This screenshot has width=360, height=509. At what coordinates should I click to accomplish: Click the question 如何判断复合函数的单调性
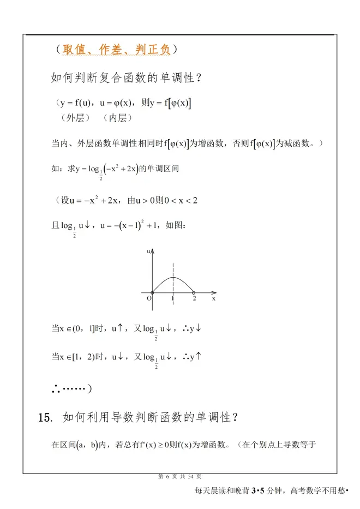pos(127,78)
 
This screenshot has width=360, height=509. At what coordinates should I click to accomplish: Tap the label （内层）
pos(118,117)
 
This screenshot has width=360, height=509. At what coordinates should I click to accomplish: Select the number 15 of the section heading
pos(45,418)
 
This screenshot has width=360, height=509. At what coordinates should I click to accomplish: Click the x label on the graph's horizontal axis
pos(214,298)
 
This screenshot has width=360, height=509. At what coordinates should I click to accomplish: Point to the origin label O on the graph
pos(148,298)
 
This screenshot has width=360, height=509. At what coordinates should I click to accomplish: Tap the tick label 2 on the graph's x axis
pos(194,299)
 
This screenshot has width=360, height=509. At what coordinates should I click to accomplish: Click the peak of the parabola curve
pos(173,278)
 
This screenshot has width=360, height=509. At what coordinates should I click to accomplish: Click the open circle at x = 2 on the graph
pos(194,293)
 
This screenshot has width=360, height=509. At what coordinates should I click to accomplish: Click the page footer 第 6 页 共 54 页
pos(179,476)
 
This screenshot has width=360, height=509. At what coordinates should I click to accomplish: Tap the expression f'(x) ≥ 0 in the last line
pos(157,445)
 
